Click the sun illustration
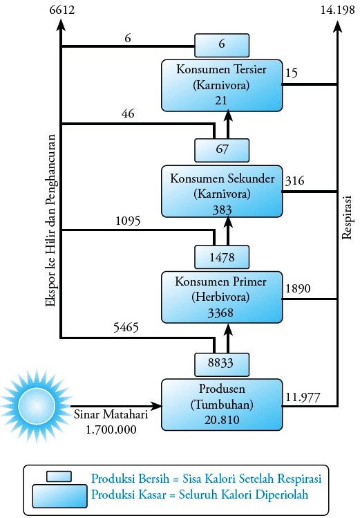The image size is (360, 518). [x=36, y=405]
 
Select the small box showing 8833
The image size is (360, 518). [x=222, y=364]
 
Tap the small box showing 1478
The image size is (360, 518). [x=222, y=257]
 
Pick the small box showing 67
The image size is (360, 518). [x=222, y=150]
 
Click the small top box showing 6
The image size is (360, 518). [x=222, y=45]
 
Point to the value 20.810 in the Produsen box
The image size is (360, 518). [x=222, y=420]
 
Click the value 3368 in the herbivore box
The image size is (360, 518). [x=220, y=313]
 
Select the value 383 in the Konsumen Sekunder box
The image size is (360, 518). [x=222, y=210]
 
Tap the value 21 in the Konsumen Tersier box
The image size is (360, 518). [x=220, y=100]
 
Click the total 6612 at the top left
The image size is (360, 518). [x=61, y=10]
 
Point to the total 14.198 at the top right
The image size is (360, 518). [x=337, y=10]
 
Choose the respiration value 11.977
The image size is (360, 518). [x=303, y=397]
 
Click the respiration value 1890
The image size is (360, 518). [x=298, y=288]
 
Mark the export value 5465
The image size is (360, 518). [x=126, y=327]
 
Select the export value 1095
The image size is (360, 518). [x=128, y=221]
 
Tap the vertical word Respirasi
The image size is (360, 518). [x=347, y=217]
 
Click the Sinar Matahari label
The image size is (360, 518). [x=111, y=414]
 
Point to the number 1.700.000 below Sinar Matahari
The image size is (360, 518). [x=111, y=429]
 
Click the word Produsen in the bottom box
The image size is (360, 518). [x=222, y=389]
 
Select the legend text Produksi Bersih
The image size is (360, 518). [x=130, y=479]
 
